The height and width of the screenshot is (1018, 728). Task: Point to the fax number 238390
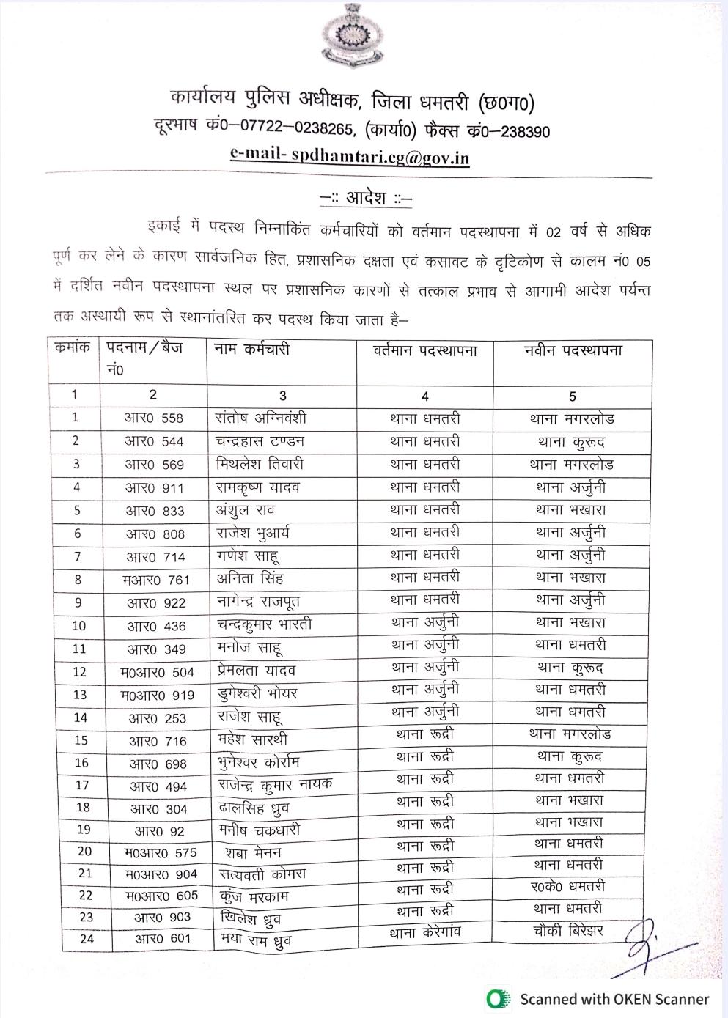pos(521,132)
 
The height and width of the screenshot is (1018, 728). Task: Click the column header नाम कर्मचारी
pos(252,350)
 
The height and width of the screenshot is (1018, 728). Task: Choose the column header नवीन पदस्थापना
pos(573,350)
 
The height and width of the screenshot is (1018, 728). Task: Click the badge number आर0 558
pos(153,418)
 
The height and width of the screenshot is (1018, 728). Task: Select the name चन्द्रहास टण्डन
pos(260,441)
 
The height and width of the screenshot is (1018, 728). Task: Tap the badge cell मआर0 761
pos(156,580)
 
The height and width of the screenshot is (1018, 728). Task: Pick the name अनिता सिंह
pos(250,579)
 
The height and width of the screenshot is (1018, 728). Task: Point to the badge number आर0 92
pos(159,831)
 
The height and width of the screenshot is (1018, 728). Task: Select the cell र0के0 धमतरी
pos(567,887)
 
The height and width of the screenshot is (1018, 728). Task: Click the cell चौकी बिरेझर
pos(568,931)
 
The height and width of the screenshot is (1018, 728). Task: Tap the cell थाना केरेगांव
pos(425,934)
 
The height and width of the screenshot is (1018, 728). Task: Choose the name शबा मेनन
pos(253,853)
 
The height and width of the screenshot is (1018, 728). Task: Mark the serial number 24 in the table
pos(87,939)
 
